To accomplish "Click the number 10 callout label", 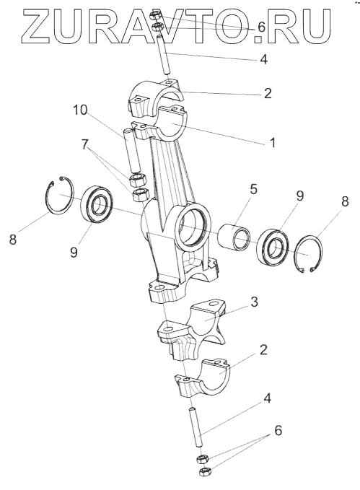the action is (x=80, y=110).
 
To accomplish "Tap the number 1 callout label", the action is (x=273, y=143).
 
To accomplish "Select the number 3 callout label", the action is (x=255, y=302).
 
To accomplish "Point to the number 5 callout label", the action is (x=253, y=189).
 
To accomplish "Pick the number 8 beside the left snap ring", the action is (x=12, y=240).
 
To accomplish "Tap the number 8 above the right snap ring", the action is (x=345, y=201).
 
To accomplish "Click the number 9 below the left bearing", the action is (x=74, y=252).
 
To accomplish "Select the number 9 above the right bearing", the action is (x=299, y=196).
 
